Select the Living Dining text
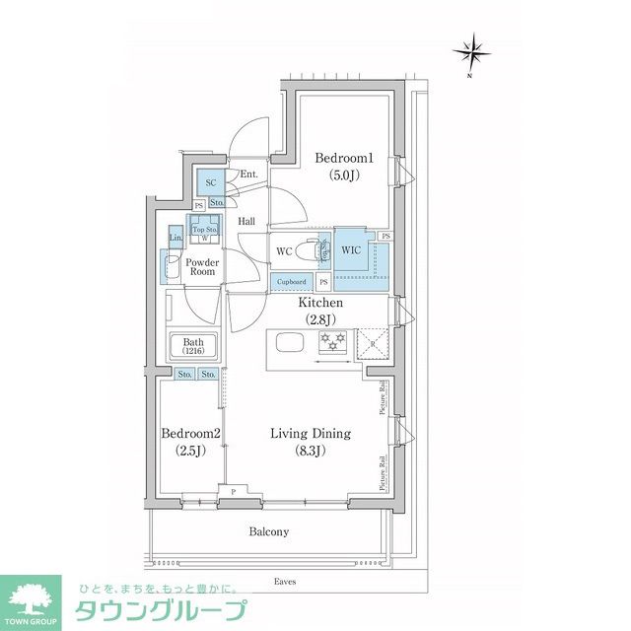[311, 433]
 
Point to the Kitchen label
[321, 304]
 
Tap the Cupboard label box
[291, 282]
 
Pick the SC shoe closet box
[210, 181]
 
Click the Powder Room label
[203, 266]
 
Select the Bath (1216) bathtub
[192, 347]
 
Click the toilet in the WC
[312, 250]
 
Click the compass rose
[472, 50]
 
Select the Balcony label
[268, 531]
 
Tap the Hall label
[246, 222]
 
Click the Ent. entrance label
[248, 175]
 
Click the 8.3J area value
[312, 451]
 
